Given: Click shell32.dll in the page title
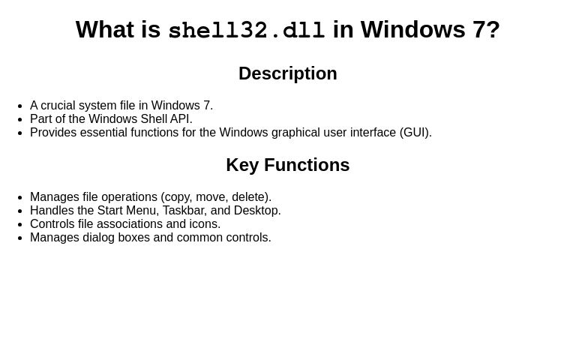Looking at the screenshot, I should pyautogui.click(x=246, y=31).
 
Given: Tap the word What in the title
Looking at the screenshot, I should pyautogui.click(x=105, y=30).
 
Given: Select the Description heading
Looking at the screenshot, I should pyautogui.click(x=287, y=73).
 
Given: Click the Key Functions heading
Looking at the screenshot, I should pyautogui.click(x=287, y=165).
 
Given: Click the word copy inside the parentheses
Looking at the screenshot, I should pyautogui.click(x=177, y=197).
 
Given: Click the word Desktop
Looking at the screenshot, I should pyautogui.click(x=256, y=211).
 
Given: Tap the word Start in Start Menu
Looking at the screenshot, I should pyautogui.click(x=109, y=211).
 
